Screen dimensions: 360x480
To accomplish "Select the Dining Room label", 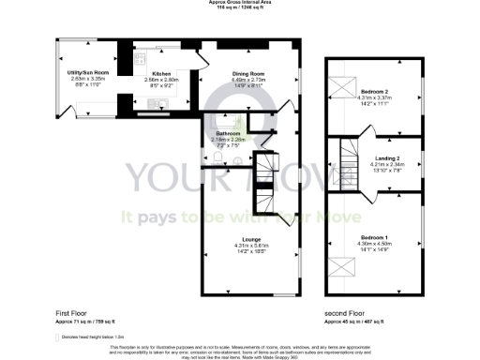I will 250,74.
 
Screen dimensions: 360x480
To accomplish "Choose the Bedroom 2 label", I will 373,91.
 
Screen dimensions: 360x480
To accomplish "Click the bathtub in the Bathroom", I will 226,120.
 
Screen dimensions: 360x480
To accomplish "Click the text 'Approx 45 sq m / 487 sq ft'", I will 360,321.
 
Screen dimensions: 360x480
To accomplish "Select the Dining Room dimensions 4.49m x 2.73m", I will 250,81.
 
